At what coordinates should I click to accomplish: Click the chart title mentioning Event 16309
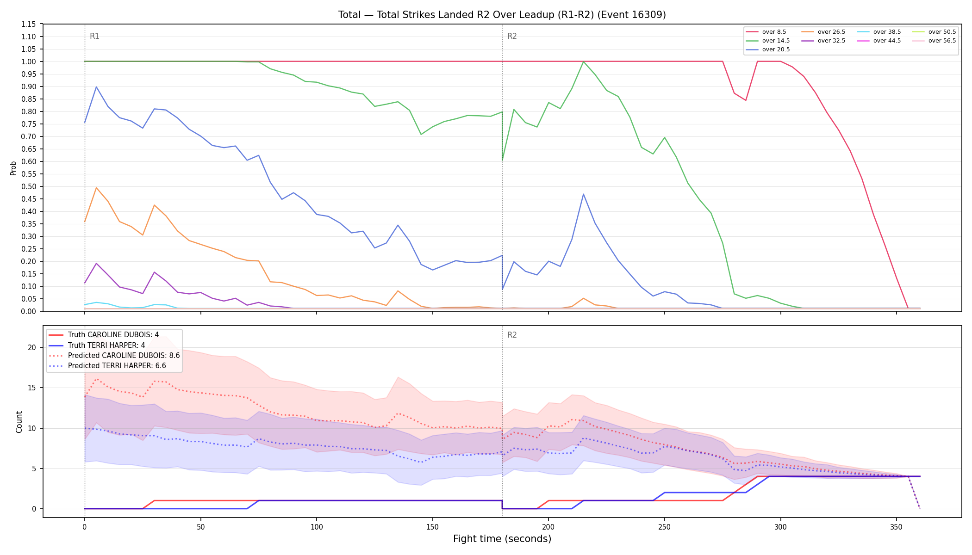[502, 15]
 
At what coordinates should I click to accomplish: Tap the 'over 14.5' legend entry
[768, 41]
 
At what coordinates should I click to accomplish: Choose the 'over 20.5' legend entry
[768, 49]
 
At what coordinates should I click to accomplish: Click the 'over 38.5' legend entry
[879, 32]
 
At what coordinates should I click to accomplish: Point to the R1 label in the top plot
[94, 36]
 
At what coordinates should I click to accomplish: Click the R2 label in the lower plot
[512, 335]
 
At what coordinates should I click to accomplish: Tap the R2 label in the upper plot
[512, 36]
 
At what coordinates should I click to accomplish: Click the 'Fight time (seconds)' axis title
[502, 539]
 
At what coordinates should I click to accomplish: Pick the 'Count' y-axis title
[19, 422]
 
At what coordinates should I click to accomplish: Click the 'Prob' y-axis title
[13, 168]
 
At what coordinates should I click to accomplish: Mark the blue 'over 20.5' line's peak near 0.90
[96, 87]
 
